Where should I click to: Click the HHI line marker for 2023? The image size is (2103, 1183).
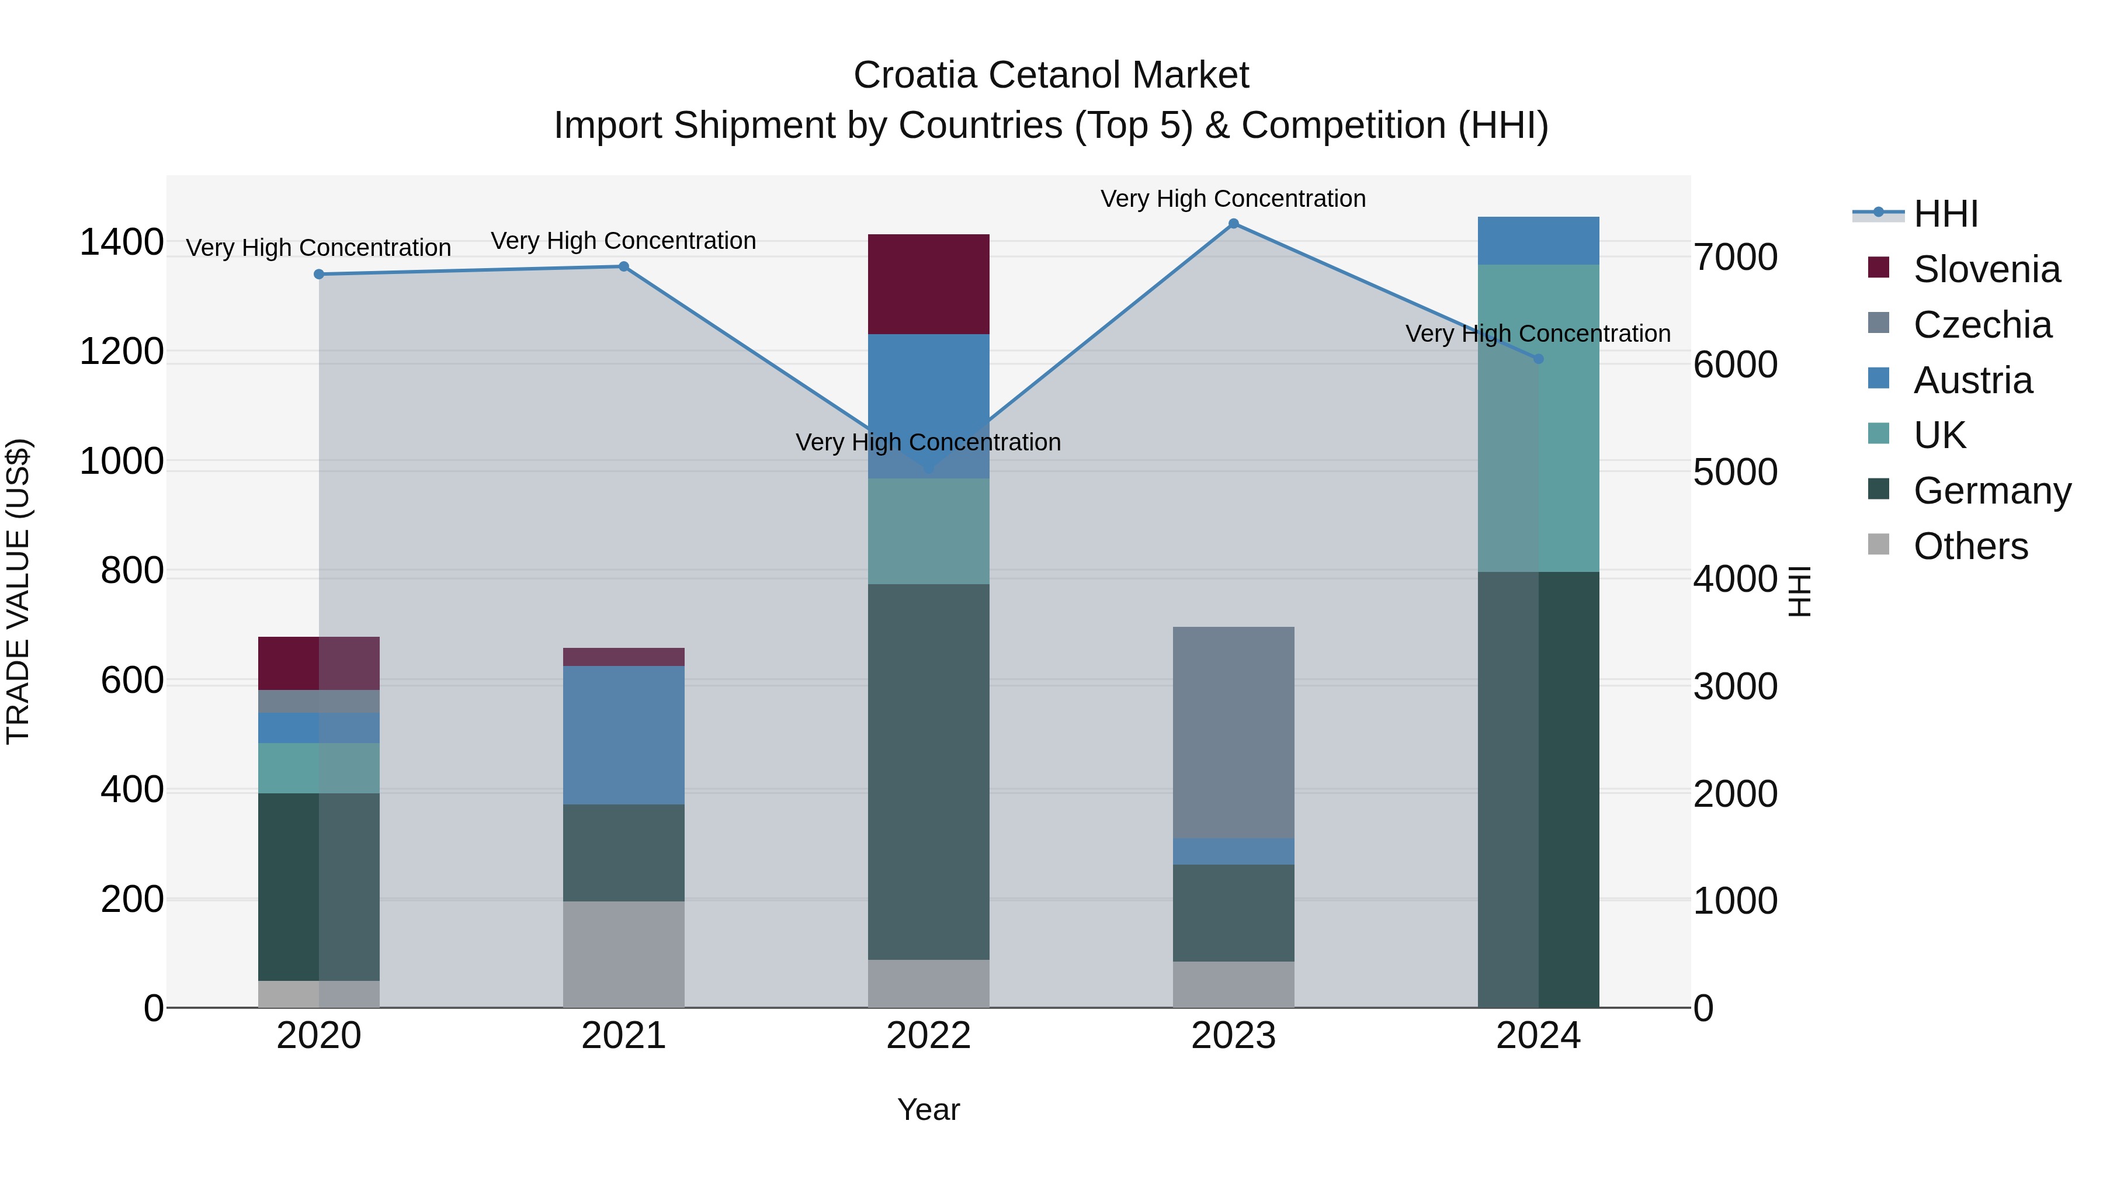click(1234, 224)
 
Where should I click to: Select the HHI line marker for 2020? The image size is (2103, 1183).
click(319, 275)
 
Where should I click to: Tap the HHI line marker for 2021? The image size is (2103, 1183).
click(624, 266)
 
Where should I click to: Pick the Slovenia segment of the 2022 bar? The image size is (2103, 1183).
click(928, 284)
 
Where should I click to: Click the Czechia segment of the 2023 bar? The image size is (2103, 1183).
click(1234, 733)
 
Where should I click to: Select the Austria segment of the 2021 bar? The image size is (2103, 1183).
click(624, 735)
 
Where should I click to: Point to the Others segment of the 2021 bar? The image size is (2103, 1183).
click(624, 953)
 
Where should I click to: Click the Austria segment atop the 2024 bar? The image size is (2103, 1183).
click(1538, 241)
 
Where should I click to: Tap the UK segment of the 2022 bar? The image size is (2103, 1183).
click(928, 530)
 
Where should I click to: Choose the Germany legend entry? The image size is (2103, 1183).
click(1992, 491)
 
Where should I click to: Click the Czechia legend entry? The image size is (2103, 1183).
click(1982, 325)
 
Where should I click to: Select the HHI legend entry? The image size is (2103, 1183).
click(1945, 214)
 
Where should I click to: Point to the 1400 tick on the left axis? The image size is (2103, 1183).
click(122, 242)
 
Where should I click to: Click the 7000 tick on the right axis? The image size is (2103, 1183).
click(1736, 257)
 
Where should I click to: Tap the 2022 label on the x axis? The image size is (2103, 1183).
click(928, 1036)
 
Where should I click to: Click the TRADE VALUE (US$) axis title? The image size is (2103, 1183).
click(18, 591)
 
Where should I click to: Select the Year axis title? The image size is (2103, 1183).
click(928, 1109)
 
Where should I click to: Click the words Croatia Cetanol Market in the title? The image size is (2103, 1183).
click(1051, 75)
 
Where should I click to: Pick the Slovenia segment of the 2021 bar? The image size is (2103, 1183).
click(624, 657)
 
